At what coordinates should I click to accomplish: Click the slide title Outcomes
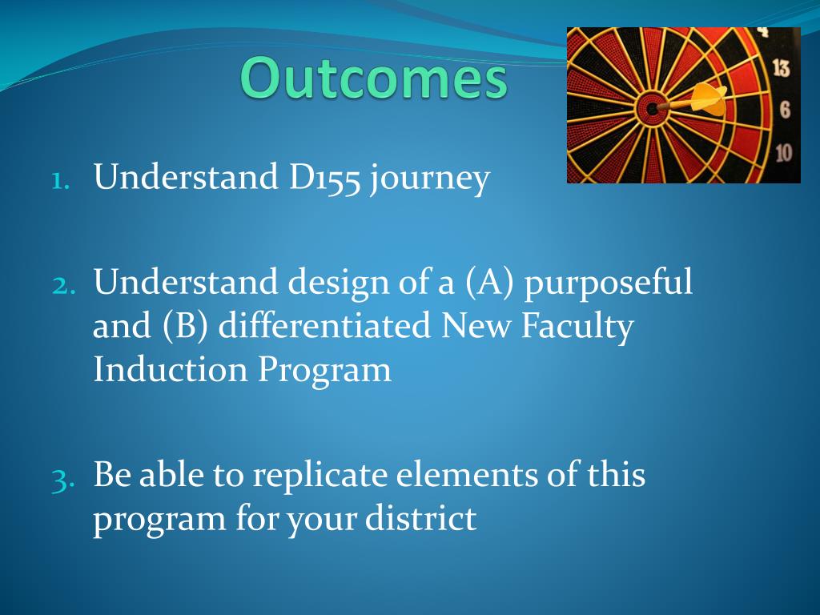(x=374, y=78)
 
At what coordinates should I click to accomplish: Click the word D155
(x=324, y=177)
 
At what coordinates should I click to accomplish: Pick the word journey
(x=430, y=179)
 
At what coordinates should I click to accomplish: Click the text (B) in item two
(x=185, y=327)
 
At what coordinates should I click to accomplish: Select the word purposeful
(x=609, y=284)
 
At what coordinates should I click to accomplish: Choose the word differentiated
(x=324, y=325)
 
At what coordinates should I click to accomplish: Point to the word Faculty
(x=577, y=328)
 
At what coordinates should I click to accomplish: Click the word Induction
(x=170, y=369)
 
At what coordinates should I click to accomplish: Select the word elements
(x=467, y=476)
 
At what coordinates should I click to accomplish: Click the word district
(x=420, y=518)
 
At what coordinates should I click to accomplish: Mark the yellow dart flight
(x=709, y=98)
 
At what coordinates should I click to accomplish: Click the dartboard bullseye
(x=652, y=109)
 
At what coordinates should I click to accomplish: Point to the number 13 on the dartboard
(x=781, y=68)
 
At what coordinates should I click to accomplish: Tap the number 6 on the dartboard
(x=785, y=111)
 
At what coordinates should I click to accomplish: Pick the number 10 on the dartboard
(x=783, y=153)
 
